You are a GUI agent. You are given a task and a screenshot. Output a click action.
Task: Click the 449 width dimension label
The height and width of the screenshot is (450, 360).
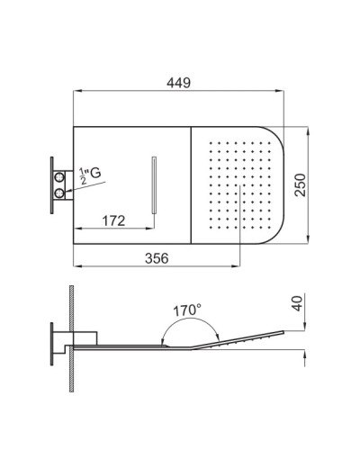[179, 83]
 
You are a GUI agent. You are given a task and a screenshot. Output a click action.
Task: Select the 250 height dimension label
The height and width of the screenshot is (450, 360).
[301, 185]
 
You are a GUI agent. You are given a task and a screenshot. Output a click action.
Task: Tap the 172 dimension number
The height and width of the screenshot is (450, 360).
[113, 220]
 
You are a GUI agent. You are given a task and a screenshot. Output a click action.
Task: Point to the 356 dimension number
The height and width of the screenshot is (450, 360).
[157, 258]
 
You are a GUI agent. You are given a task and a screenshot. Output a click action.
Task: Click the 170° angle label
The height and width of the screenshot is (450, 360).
[187, 310]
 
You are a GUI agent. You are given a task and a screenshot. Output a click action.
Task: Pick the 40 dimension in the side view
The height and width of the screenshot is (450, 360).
[297, 303]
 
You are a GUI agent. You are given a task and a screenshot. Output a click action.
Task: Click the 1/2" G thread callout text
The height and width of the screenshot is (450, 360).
[90, 175]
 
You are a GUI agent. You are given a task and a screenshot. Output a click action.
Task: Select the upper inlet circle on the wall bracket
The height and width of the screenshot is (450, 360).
[59, 177]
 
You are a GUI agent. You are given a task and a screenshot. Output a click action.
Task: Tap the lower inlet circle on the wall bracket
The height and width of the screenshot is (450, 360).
[59, 193]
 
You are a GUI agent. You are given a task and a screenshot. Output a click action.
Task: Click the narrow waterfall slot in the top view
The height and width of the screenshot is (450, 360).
[155, 185]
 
